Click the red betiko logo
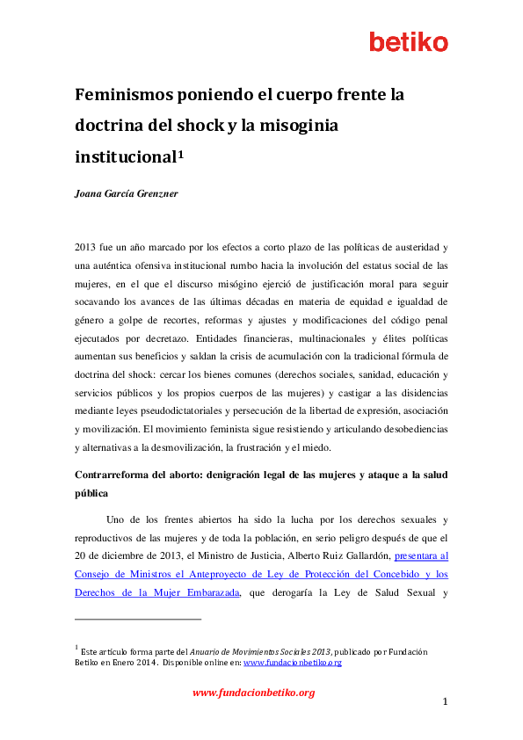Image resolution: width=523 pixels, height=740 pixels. click(x=408, y=41)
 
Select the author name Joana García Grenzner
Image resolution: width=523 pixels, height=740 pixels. click(x=127, y=193)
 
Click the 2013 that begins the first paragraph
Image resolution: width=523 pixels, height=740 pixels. click(x=86, y=248)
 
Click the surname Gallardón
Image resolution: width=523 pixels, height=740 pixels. click(x=358, y=555)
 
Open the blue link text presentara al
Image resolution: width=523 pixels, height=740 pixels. click(x=422, y=555)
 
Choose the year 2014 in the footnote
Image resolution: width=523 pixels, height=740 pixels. click(x=147, y=663)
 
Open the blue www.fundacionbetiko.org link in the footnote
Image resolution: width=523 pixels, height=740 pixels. click(x=292, y=663)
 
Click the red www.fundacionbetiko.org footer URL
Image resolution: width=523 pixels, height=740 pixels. click(x=253, y=693)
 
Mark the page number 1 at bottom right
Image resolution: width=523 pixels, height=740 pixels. click(x=445, y=701)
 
